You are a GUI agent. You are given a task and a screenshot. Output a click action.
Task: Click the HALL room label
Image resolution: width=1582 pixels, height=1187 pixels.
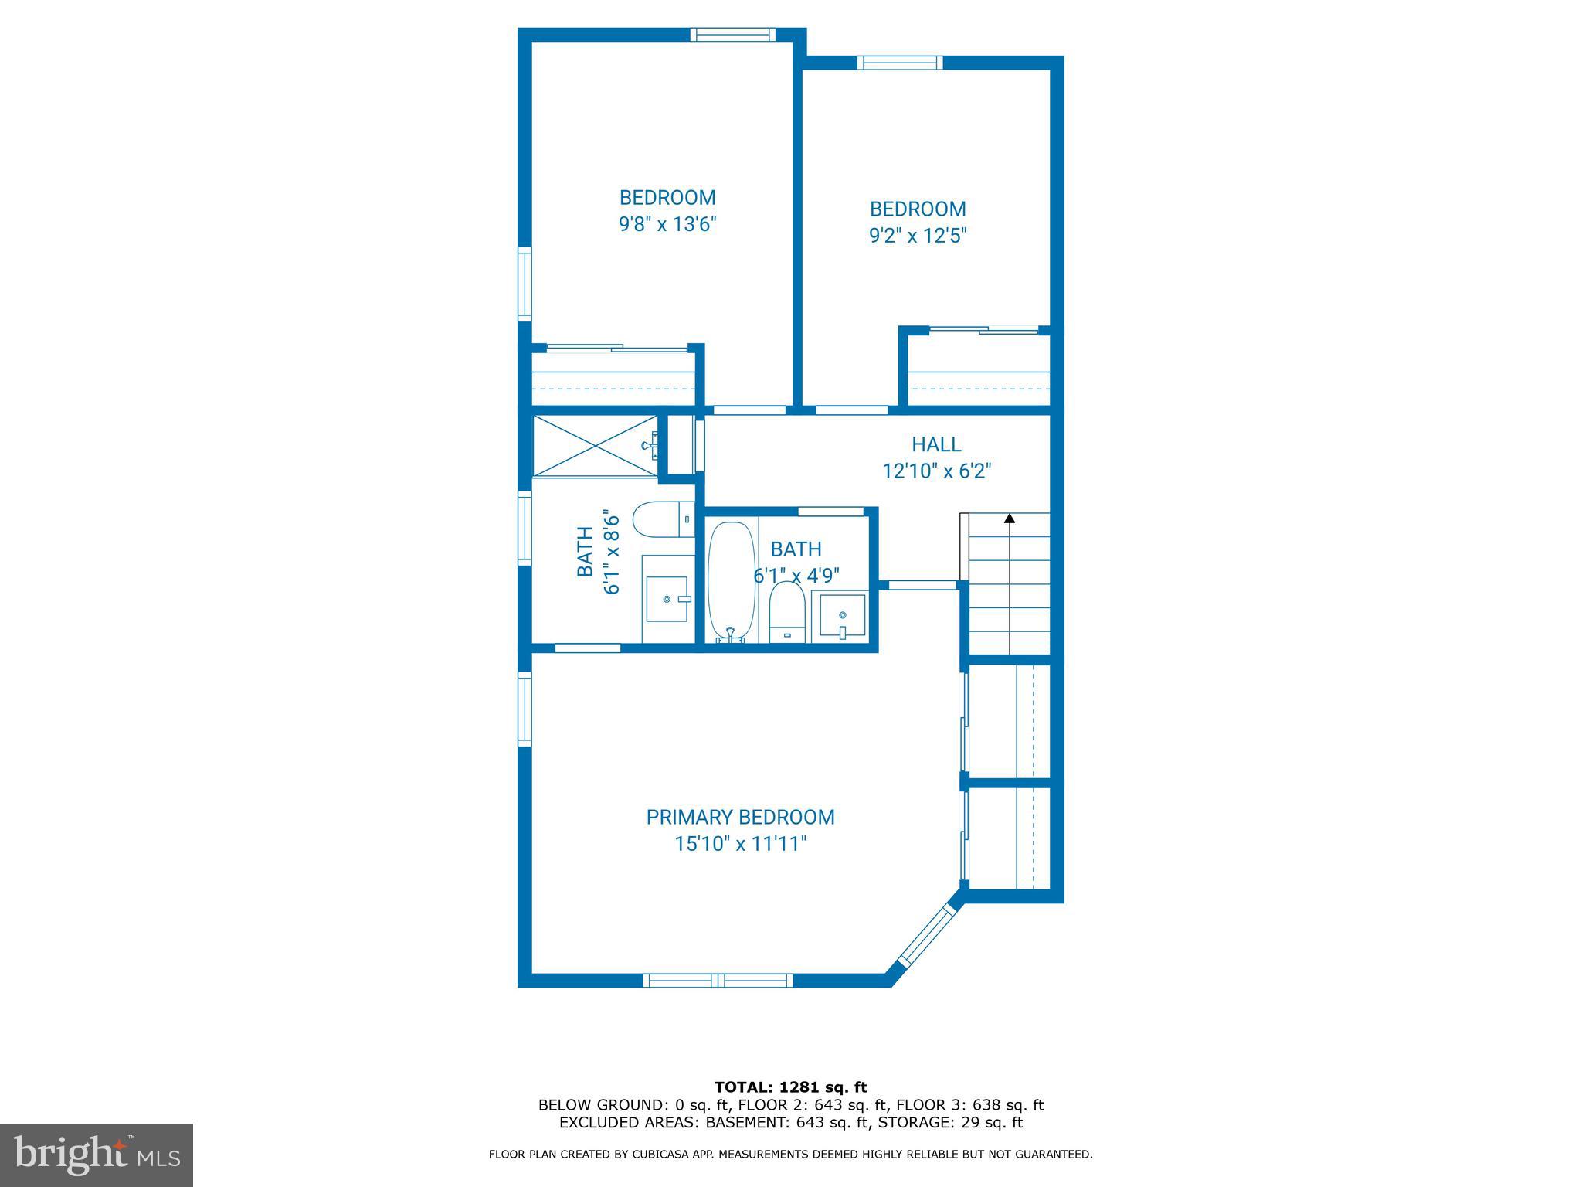point(936,444)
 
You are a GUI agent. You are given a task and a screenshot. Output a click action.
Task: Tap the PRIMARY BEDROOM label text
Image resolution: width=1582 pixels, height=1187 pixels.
point(740,817)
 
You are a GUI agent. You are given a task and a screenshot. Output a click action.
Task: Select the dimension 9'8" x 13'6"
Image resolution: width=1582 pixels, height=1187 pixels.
point(667,224)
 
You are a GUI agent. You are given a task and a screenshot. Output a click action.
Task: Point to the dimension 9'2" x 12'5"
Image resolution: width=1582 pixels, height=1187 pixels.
point(918,235)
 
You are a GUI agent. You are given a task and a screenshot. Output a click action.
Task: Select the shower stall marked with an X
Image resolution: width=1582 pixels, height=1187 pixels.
point(595,446)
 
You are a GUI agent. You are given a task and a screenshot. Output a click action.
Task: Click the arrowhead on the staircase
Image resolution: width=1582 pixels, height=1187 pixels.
point(1009,519)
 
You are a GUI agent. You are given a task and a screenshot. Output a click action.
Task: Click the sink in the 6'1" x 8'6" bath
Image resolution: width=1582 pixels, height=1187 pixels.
point(667,598)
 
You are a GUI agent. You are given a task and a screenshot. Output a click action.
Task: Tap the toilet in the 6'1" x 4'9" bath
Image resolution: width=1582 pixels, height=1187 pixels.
point(787,611)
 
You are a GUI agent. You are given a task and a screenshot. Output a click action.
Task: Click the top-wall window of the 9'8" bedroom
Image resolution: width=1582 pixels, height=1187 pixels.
point(731,34)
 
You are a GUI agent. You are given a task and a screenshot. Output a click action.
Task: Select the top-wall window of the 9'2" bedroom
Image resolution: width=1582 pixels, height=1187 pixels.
point(899,63)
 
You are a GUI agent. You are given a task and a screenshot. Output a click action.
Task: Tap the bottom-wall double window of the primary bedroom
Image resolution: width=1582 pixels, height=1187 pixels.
point(718,981)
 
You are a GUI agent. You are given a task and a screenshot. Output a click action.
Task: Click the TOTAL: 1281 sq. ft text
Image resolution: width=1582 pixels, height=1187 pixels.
point(790,1088)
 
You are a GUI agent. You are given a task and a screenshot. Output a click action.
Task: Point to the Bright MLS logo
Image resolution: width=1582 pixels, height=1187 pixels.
point(97,1155)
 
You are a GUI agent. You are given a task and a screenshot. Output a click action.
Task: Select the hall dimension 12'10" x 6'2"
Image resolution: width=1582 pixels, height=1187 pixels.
point(936,471)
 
